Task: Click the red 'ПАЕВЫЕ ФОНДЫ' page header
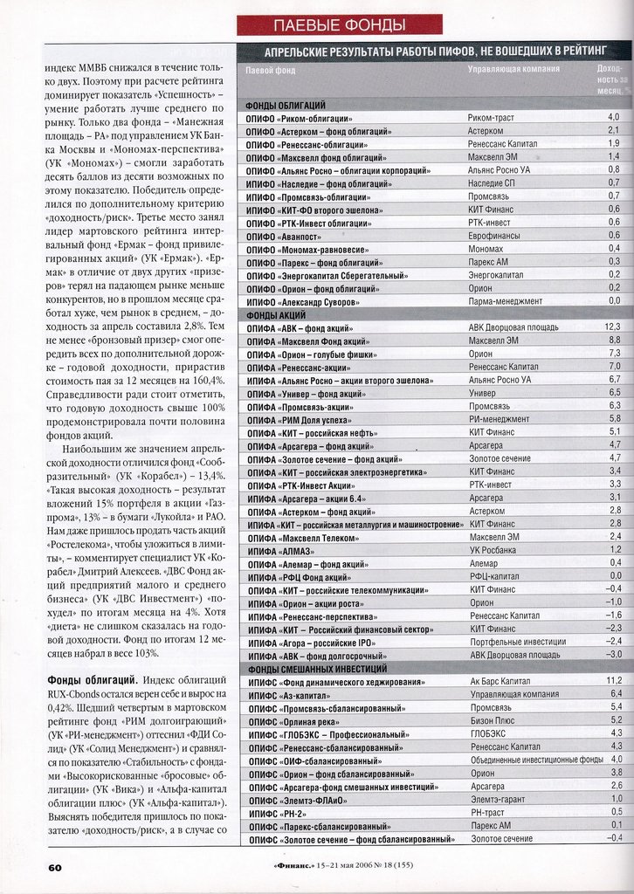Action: point(339,24)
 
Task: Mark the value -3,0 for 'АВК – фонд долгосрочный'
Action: point(614,654)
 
